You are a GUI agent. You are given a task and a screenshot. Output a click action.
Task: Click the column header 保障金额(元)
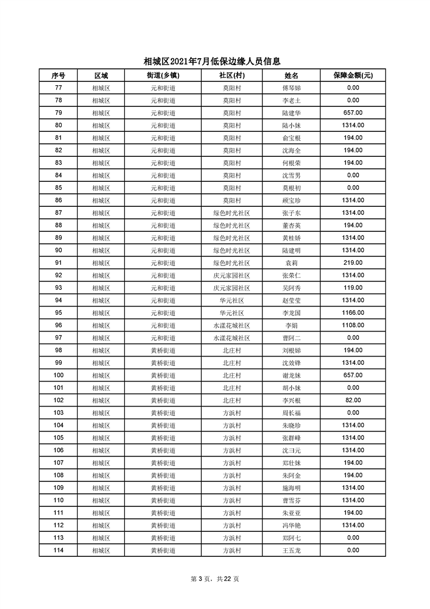point(352,75)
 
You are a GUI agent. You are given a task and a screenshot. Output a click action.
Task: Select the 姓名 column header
point(291,75)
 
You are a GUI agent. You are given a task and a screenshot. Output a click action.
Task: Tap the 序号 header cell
point(58,75)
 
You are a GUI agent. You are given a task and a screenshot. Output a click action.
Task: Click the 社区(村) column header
point(232,75)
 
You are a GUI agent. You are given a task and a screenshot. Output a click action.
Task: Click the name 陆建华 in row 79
point(291,113)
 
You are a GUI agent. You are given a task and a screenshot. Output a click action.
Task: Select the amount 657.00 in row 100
point(352,375)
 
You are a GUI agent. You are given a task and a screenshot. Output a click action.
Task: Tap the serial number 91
point(58,263)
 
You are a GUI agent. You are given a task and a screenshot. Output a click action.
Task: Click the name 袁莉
point(291,263)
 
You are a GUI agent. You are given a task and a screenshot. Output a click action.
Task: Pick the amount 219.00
point(352,263)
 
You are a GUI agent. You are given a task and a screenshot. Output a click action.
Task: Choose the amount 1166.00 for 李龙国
point(352,313)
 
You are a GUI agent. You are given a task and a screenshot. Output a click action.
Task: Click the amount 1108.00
point(352,325)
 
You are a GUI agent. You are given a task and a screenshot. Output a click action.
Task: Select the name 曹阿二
point(291,338)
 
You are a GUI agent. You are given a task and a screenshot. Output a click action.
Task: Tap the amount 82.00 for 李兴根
point(352,400)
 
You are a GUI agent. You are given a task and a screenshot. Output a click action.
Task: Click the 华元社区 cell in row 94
point(232,300)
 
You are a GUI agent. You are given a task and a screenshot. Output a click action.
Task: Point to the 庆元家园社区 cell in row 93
point(232,288)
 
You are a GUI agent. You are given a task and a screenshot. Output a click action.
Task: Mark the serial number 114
point(58,550)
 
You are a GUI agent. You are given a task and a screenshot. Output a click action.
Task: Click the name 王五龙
point(291,550)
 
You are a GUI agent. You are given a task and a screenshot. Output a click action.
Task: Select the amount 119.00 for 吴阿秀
point(352,288)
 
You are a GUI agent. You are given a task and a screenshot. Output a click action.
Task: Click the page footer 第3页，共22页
point(215,579)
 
